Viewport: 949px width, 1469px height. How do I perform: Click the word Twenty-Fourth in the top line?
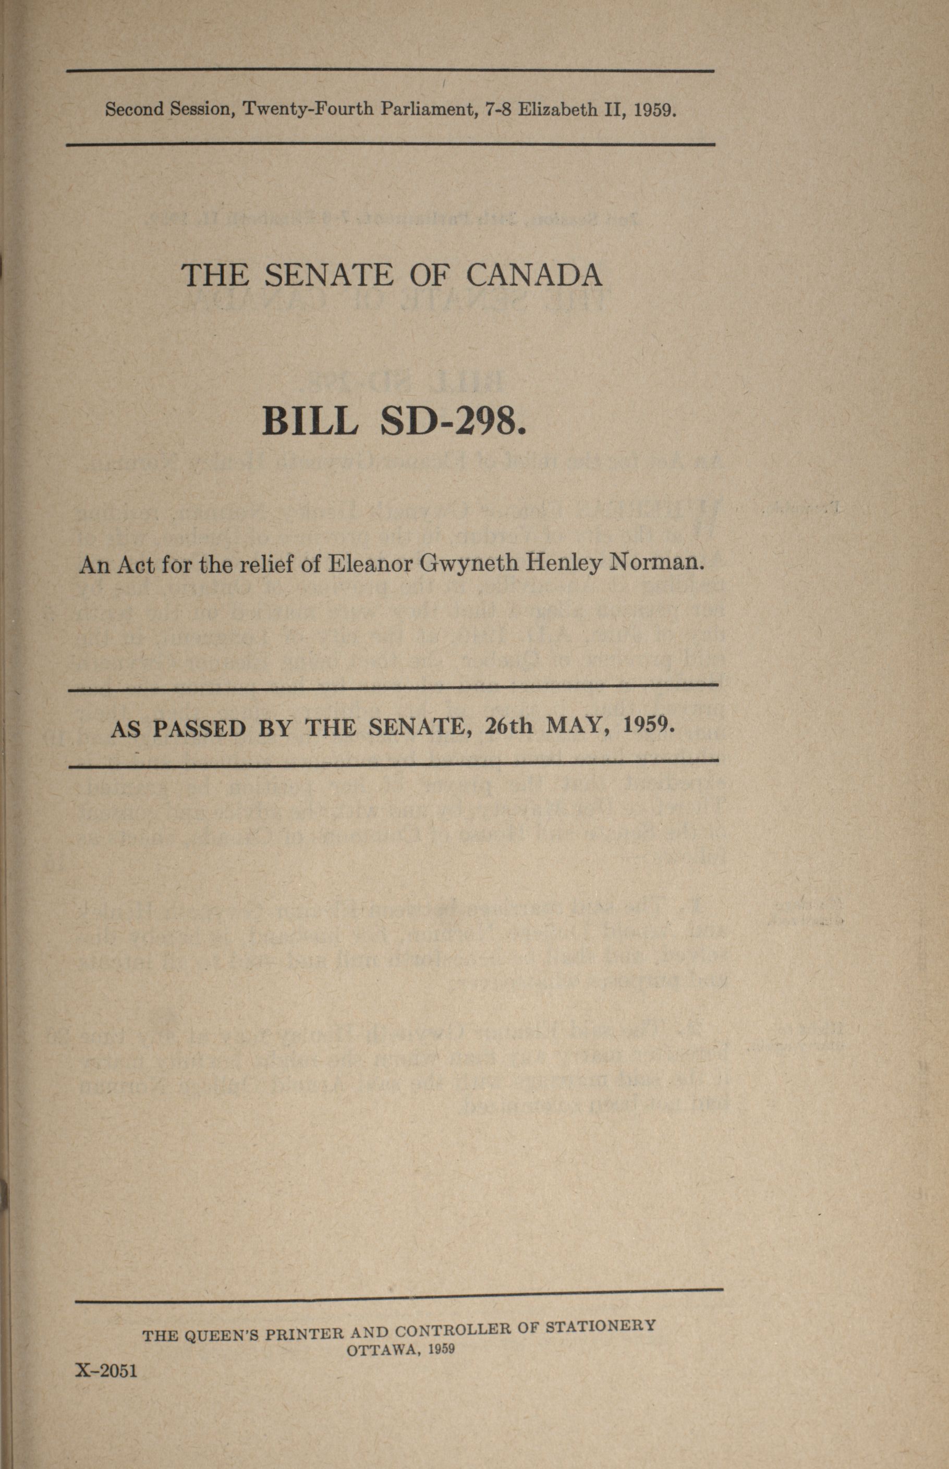click(308, 109)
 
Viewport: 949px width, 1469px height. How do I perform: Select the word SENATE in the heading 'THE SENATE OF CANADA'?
click(328, 275)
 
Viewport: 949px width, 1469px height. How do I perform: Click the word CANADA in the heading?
click(533, 275)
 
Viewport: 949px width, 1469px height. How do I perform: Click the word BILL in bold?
click(310, 422)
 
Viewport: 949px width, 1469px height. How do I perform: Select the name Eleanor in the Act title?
click(369, 563)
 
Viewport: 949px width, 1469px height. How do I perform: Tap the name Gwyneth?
click(468, 563)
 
